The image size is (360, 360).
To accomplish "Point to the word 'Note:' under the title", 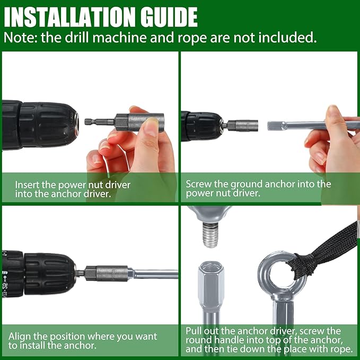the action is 21,38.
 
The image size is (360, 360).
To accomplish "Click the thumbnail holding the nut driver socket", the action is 151,127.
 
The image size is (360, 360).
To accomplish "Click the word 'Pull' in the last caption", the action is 194,331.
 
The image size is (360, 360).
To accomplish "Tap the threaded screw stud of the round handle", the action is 209,235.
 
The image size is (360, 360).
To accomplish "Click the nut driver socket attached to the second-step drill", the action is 243,126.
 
